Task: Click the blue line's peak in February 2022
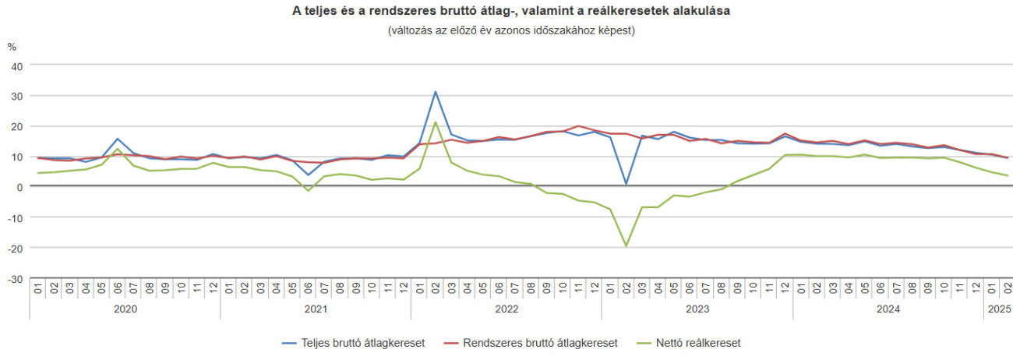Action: (x=436, y=92)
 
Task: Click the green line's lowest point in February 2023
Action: (x=626, y=246)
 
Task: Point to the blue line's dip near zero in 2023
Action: (x=626, y=184)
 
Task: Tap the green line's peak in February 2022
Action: (x=436, y=122)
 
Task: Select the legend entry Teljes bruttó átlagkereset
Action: (x=352, y=343)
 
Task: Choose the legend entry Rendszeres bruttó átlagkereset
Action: (x=531, y=343)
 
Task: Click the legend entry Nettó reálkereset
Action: (x=690, y=343)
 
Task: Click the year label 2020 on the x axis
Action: (x=125, y=309)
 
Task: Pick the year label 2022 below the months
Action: (x=507, y=309)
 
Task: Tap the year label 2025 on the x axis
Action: (x=999, y=309)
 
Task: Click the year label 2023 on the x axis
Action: (x=697, y=309)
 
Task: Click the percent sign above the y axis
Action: (x=12, y=47)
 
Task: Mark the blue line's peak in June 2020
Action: (x=118, y=139)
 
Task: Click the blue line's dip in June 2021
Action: (x=309, y=175)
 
